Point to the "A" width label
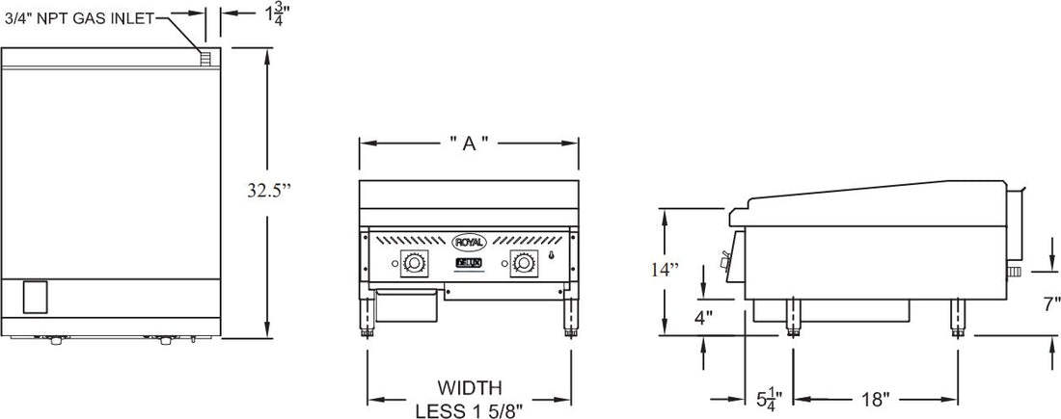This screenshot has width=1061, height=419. (x=469, y=144)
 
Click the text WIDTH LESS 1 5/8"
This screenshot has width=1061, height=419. (x=469, y=398)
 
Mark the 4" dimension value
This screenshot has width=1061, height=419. (x=704, y=316)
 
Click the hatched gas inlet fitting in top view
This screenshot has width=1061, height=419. (x=204, y=58)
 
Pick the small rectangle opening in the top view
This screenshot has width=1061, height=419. (x=35, y=297)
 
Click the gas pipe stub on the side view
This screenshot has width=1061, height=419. (x=1013, y=275)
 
